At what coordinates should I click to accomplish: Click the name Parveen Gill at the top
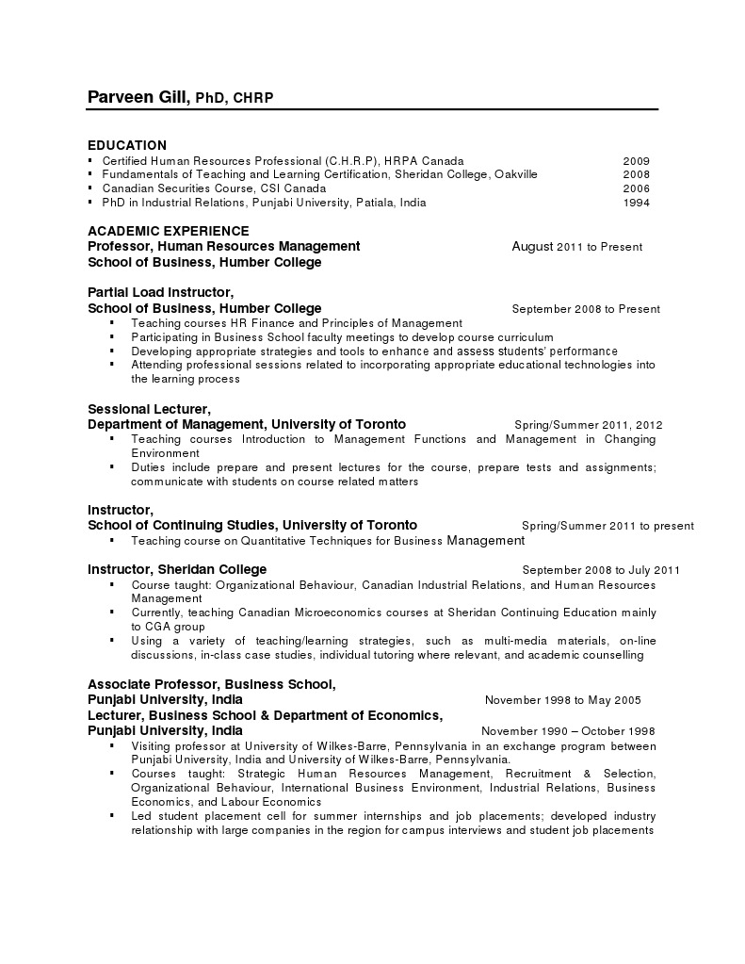138,97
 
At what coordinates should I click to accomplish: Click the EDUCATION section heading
127,145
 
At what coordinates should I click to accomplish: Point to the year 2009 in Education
636,161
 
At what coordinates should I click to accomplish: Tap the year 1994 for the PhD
636,203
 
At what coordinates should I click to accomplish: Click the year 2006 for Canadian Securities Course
636,188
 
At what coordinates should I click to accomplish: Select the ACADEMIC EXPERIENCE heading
169,231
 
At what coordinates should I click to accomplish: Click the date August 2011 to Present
576,247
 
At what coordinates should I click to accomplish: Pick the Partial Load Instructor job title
160,292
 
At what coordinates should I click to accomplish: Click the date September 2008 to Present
586,309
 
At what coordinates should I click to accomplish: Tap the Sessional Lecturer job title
149,409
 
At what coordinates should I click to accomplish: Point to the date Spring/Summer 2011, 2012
589,425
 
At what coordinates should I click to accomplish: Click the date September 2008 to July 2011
601,570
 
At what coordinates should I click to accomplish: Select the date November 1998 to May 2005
562,700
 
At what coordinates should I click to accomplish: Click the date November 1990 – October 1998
568,731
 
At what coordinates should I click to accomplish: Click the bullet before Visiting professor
112,744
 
